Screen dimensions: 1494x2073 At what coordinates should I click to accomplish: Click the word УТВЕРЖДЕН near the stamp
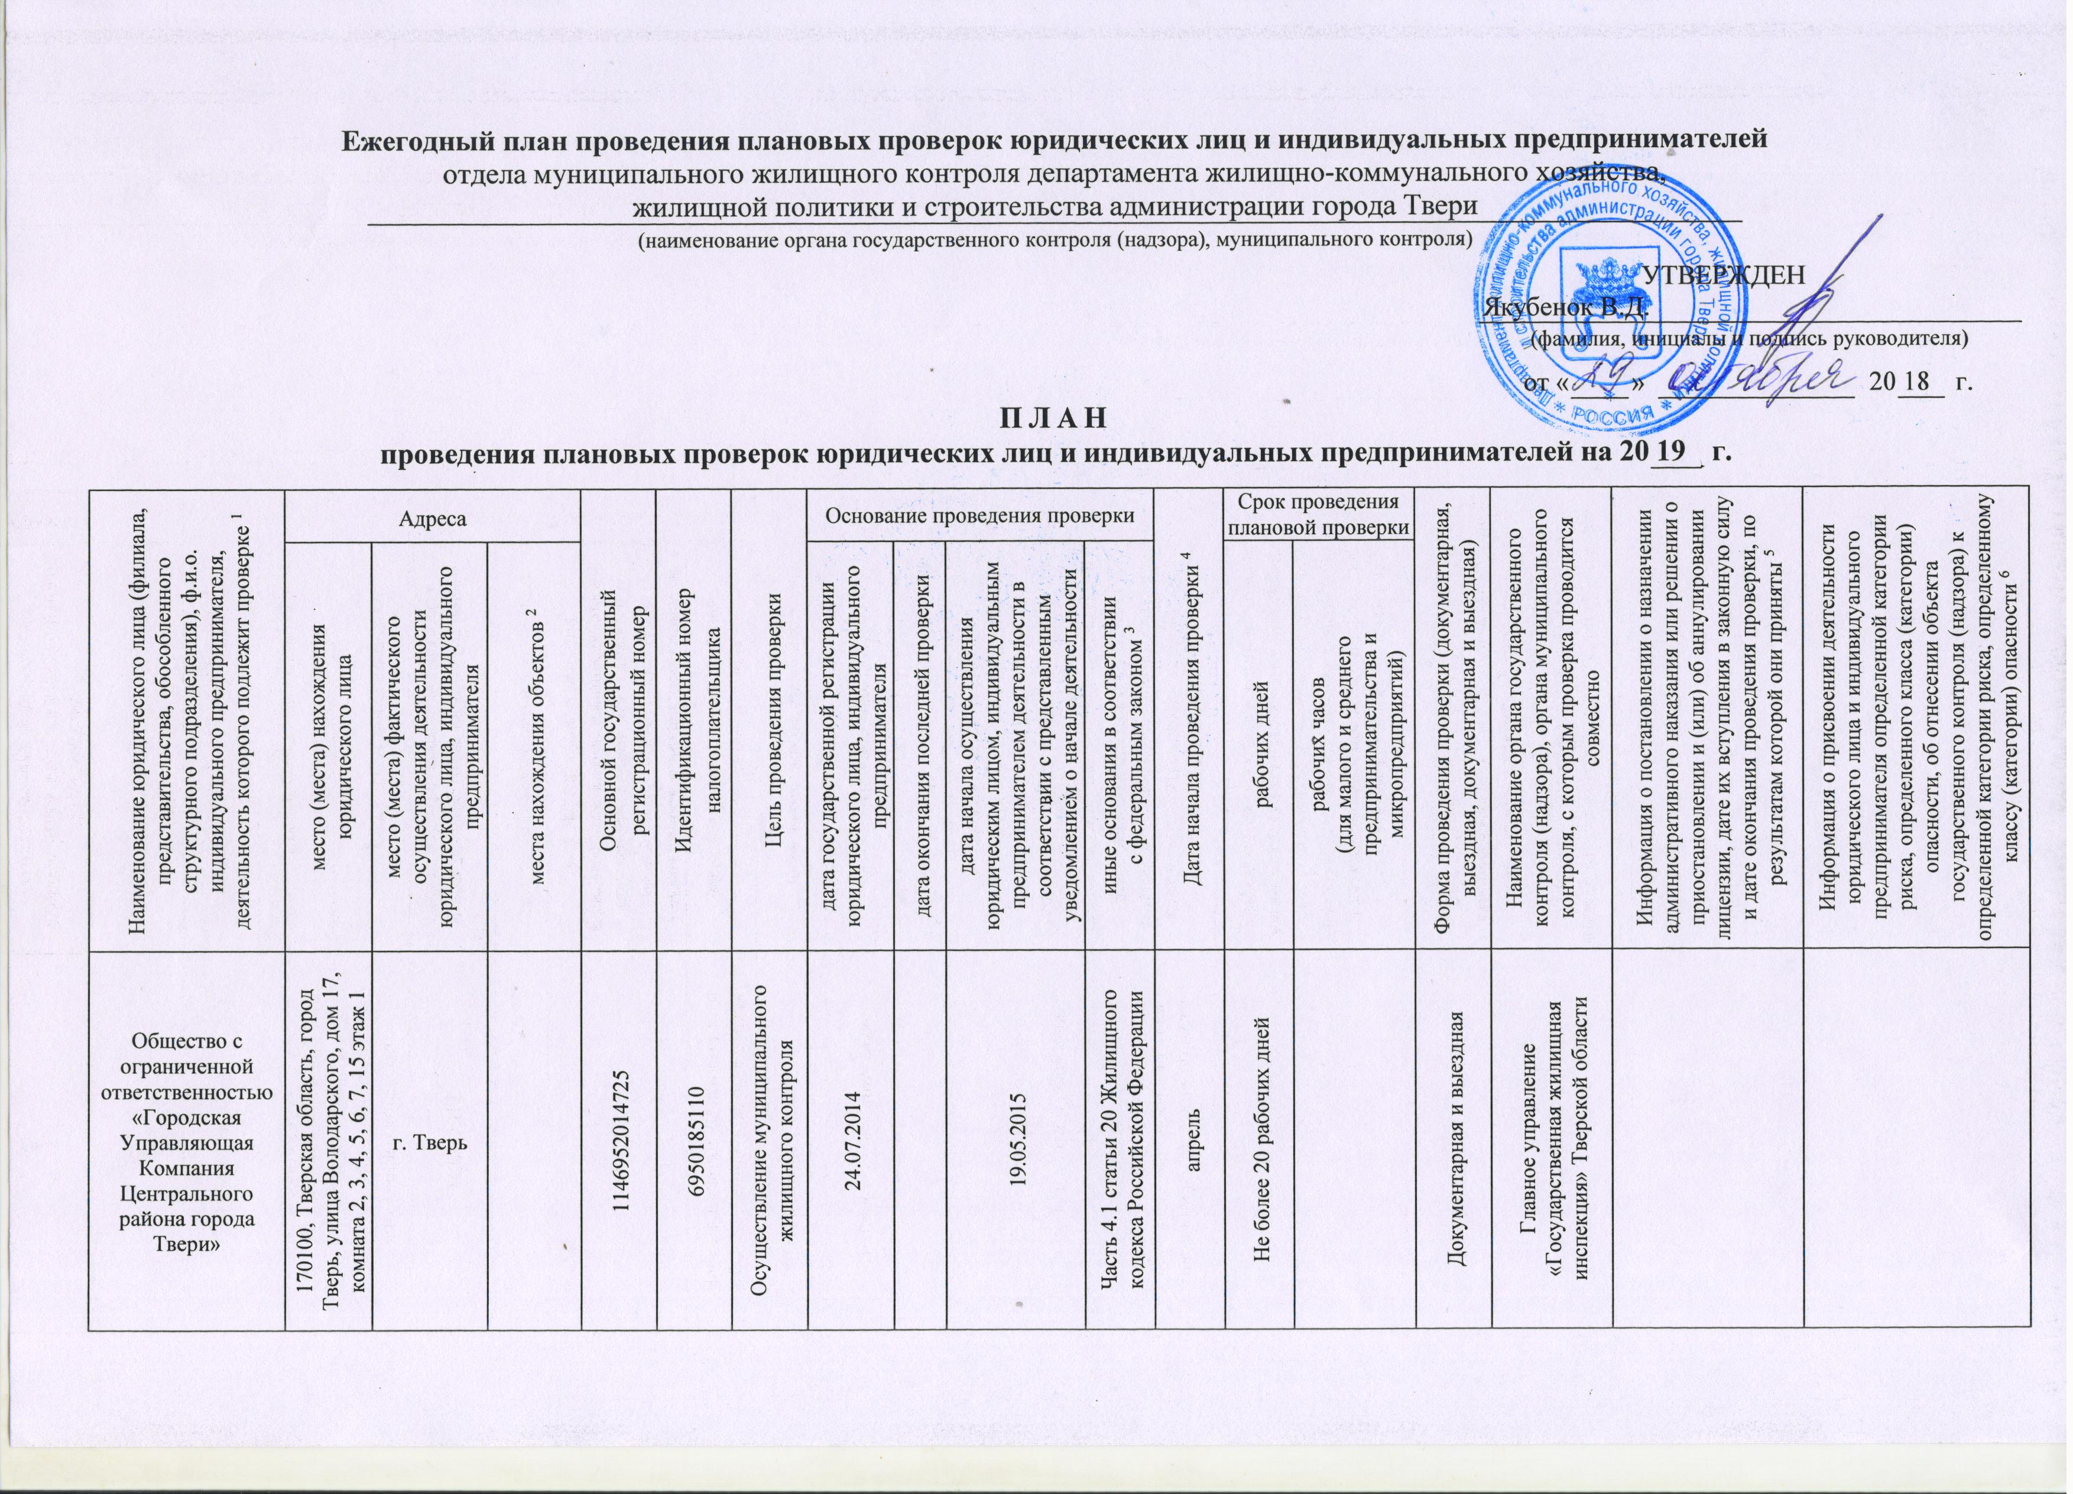pyautogui.click(x=1723, y=275)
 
